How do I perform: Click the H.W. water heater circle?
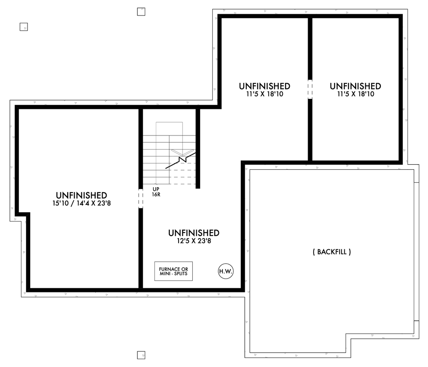click(226, 271)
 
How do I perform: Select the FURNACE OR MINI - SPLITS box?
click(173, 271)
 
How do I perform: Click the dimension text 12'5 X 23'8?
click(194, 241)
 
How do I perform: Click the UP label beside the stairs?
click(157, 189)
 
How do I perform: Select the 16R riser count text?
click(157, 194)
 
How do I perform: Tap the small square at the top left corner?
click(24, 27)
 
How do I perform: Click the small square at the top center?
click(141, 12)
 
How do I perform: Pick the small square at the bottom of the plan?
click(141, 355)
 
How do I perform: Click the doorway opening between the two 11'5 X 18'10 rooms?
click(310, 89)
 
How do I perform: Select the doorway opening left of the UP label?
click(141, 199)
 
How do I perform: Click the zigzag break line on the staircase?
click(183, 160)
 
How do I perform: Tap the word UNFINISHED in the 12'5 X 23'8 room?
click(194, 233)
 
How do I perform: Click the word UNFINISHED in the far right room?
click(355, 86)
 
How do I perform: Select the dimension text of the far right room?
click(355, 94)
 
